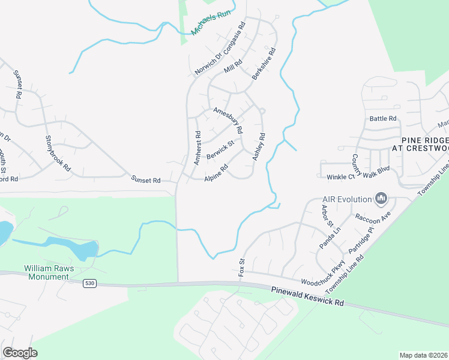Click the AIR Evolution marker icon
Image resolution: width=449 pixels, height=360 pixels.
point(381,198)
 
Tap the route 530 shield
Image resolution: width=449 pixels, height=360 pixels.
point(89,283)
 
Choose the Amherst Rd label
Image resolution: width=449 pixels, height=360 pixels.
point(196,148)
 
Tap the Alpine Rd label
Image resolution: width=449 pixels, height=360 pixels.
point(216,174)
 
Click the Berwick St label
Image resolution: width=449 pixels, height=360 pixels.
point(220,151)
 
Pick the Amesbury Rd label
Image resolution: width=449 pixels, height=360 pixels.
point(229,119)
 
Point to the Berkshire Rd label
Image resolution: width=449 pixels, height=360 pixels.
point(264,64)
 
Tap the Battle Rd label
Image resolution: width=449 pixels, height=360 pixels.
point(384,119)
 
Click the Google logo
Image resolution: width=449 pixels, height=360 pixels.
point(20,353)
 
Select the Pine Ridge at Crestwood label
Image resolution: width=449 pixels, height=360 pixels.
point(420,143)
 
